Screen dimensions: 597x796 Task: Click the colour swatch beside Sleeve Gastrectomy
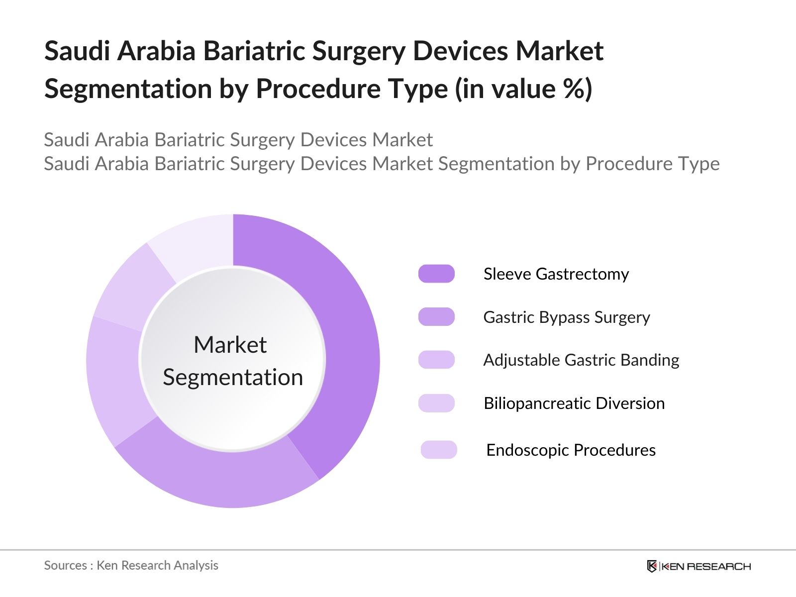click(x=436, y=274)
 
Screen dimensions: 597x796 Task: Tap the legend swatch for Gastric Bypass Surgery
click(x=436, y=317)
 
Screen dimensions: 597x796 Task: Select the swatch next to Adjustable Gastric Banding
click(x=436, y=360)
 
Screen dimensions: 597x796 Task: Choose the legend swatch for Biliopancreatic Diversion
click(x=436, y=403)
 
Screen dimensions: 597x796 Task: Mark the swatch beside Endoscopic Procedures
click(x=438, y=450)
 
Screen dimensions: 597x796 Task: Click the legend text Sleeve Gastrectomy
click(x=556, y=274)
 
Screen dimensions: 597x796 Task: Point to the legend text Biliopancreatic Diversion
click(x=574, y=403)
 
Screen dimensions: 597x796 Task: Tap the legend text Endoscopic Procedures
click(x=571, y=450)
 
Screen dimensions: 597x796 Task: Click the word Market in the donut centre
click(x=230, y=345)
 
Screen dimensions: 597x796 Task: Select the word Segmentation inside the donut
click(x=233, y=377)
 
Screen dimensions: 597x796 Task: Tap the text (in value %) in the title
click(x=523, y=89)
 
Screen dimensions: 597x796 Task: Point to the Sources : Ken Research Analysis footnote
click(x=131, y=565)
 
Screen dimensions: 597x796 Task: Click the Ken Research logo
click(x=698, y=566)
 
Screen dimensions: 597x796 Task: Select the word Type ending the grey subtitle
click(x=699, y=164)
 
